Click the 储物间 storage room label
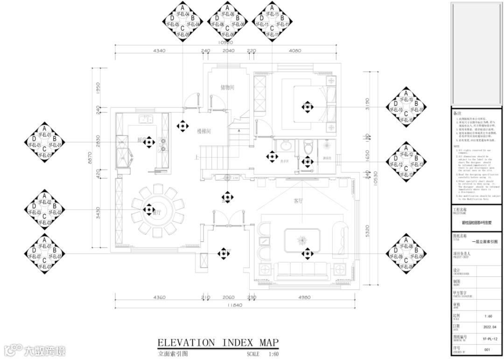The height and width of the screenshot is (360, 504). coord(227,87)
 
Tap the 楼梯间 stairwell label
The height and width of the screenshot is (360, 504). coord(204,132)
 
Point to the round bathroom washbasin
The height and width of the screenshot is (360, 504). coord(285,147)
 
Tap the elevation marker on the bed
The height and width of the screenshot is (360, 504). coord(307,107)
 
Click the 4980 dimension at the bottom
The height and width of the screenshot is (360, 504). coord(304,297)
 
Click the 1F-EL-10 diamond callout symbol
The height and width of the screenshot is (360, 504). coord(406,107)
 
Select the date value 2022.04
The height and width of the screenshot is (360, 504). coord(486,328)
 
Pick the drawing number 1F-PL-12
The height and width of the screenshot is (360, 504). coord(486,338)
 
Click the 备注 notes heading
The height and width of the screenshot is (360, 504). coord(458,113)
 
